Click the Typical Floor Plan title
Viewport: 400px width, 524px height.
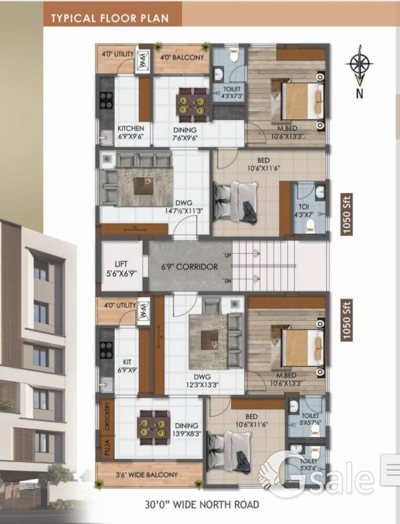(110, 18)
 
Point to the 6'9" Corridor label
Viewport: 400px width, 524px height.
(189, 267)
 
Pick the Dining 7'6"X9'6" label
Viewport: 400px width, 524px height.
(185, 134)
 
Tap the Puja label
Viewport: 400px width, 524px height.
(107, 447)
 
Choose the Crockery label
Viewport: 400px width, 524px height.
(107, 416)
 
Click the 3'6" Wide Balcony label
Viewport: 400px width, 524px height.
(146, 475)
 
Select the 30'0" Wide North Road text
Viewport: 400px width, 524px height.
(202, 505)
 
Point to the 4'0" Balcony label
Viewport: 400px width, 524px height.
(182, 58)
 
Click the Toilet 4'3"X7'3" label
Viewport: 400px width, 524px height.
(232, 93)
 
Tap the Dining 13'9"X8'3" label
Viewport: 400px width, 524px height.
(187, 430)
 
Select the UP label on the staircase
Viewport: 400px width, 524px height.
(228, 256)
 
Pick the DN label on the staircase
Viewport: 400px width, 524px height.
(228, 281)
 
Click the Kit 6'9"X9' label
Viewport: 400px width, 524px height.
(127, 366)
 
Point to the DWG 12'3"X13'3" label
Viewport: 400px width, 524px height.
(202, 380)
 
